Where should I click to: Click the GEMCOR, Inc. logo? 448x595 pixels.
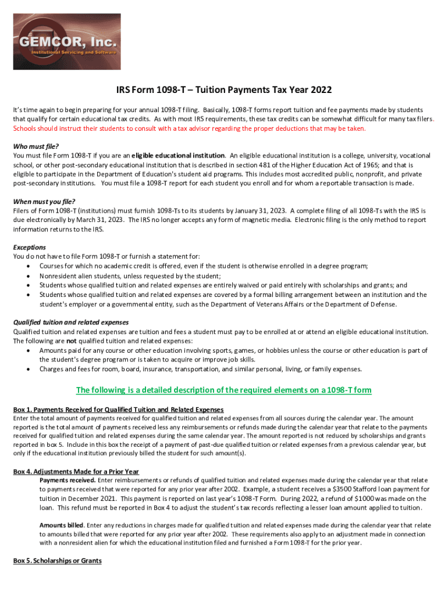(67, 42)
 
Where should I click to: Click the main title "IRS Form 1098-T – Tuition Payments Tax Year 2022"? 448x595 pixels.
(224, 90)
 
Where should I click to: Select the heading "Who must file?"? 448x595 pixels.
(36, 146)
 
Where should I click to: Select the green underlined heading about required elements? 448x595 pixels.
(224, 390)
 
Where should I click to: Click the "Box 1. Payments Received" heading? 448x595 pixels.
(118, 410)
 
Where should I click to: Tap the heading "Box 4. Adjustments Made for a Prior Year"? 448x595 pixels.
(76, 471)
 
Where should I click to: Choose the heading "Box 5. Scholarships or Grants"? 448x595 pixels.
(58, 561)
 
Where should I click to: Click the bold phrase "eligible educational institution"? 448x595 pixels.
(178, 156)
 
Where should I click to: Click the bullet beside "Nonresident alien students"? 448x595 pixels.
(29, 276)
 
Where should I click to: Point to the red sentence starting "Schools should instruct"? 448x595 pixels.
(190, 128)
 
